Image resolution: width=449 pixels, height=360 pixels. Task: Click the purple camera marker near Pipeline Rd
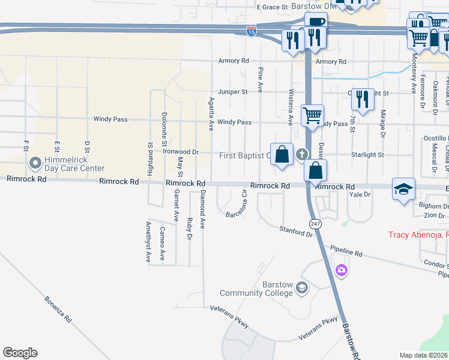tap(342, 270)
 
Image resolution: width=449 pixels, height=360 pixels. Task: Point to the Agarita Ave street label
tap(211, 113)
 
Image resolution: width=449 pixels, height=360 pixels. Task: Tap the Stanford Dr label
tap(297, 231)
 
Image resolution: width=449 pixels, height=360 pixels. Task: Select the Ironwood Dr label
tap(181, 152)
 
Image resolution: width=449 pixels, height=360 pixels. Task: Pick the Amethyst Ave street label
tap(148, 242)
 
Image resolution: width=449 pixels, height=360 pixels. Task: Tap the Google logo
tap(20, 353)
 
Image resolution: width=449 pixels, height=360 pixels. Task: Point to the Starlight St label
tap(367, 155)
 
